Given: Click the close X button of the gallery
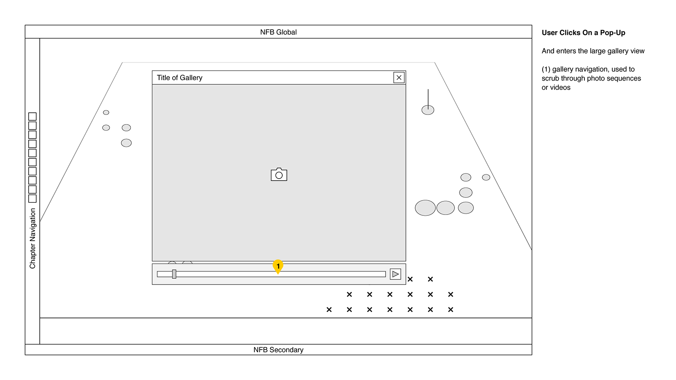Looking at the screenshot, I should point(399,78).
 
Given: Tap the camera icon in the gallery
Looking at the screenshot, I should point(279,174).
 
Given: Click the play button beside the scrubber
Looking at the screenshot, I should point(395,274).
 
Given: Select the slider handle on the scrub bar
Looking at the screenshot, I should point(174,274).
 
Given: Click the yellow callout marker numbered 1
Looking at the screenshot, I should point(278,266).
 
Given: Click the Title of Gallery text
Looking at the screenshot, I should point(179,78).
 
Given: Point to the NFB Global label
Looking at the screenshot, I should point(278,32).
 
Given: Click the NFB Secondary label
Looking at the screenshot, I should point(278,350).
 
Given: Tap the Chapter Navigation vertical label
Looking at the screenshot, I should point(32,239).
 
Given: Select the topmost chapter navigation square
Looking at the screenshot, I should point(32,117).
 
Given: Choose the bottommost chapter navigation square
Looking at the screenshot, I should point(32,198).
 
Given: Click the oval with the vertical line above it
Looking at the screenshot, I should point(428,110).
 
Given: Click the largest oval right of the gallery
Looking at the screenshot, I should point(425,208).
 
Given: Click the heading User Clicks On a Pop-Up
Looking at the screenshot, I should point(583,33).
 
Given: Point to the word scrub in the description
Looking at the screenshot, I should point(550,79).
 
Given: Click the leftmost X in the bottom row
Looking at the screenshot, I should point(329,309).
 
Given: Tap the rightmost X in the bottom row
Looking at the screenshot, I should point(451,309).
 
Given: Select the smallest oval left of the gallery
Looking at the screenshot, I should point(106,112).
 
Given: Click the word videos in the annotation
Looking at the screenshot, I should point(560,87).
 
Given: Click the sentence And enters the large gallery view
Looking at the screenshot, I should point(593,51).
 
